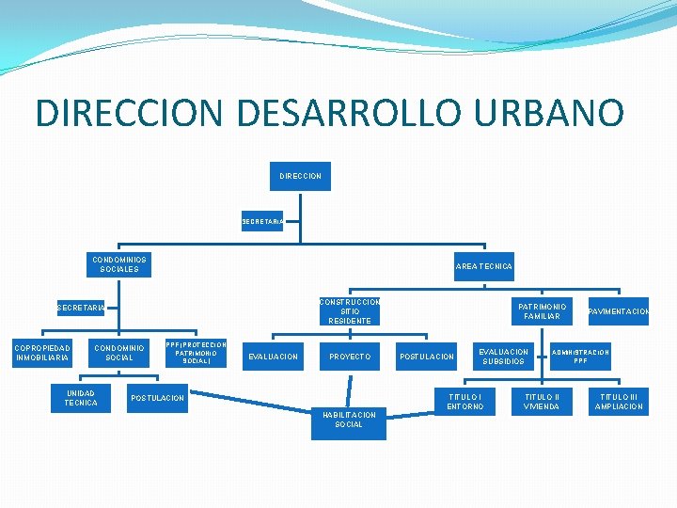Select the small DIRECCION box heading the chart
[300, 176]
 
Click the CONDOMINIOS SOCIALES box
[119, 264]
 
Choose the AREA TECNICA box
[484, 266]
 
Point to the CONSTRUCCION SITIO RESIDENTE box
[349, 311]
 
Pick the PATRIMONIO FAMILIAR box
[542, 311]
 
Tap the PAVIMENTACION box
[619, 311]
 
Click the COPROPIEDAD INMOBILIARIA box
[42, 353]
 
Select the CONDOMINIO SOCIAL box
[119, 353]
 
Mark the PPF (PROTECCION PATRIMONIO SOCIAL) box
[196, 353]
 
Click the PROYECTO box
[349, 357]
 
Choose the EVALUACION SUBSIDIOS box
[505, 357]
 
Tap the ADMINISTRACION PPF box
[580, 357]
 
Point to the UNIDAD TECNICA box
[81, 397]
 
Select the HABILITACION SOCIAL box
[349, 420]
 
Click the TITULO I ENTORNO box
[465, 402]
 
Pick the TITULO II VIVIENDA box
[542, 402]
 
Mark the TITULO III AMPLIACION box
[619, 402]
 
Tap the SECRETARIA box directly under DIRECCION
[261, 222]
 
